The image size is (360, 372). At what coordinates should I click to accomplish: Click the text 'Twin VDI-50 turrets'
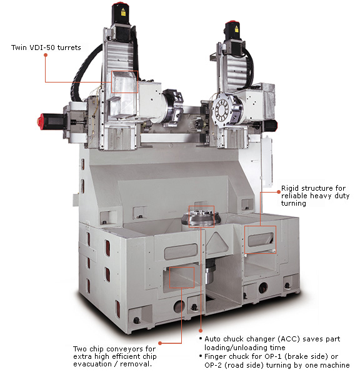click(46, 48)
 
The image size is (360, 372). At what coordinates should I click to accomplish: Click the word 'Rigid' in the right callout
click(290, 188)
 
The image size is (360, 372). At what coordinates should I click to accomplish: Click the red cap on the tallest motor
click(118, 4)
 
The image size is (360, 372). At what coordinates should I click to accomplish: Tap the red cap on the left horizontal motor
click(41, 121)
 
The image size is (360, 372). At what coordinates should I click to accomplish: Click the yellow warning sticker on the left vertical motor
click(123, 13)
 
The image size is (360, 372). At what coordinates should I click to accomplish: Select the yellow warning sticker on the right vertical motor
click(236, 29)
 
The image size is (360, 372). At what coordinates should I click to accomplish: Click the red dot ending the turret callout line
click(46, 55)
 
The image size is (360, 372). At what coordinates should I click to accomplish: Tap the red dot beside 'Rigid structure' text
click(279, 192)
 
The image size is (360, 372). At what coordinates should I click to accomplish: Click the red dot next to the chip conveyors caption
click(160, 343)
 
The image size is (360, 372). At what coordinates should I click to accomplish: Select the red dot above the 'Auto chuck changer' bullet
click(201, 331)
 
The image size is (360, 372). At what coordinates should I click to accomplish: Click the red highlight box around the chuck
click(201, 206)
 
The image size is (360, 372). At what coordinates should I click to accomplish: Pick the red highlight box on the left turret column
click(124, 71)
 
